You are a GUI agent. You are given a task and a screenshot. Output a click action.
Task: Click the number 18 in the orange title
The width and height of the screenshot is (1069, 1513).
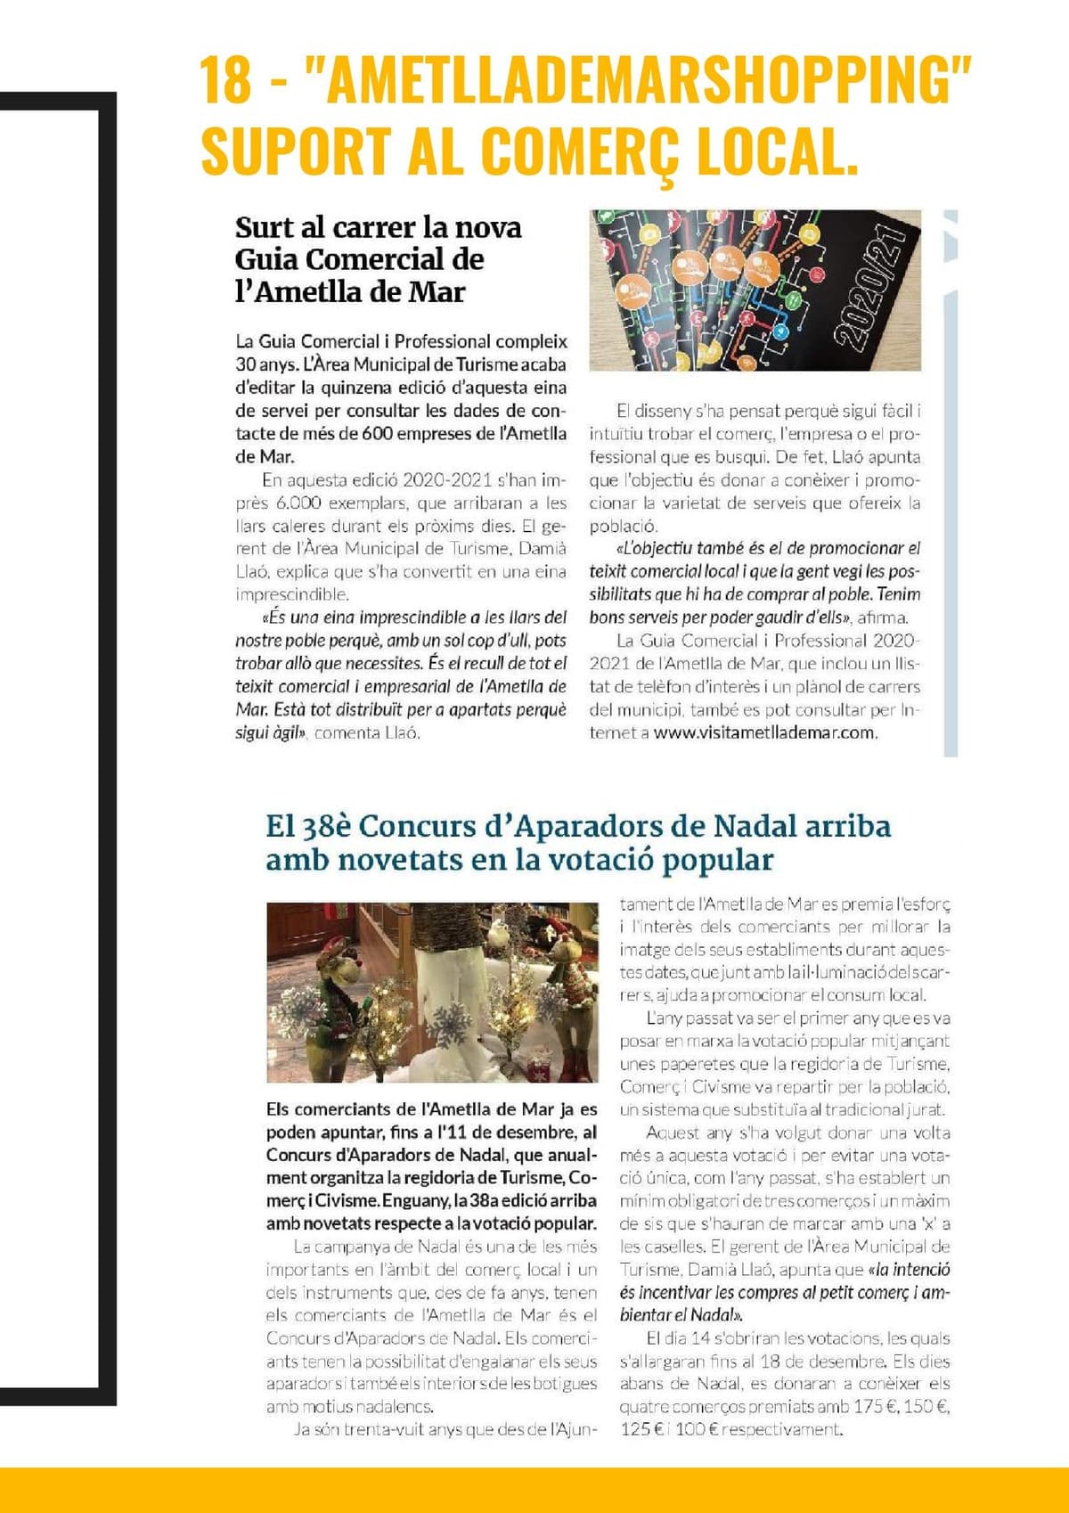coord(225,80)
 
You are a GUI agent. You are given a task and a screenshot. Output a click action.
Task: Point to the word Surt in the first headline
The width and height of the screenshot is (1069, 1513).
coord(265,227)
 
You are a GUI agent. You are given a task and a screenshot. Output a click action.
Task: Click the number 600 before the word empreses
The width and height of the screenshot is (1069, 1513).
coord(377,434)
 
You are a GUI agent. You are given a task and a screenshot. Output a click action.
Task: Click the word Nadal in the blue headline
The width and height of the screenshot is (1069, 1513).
coord(755,826)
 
